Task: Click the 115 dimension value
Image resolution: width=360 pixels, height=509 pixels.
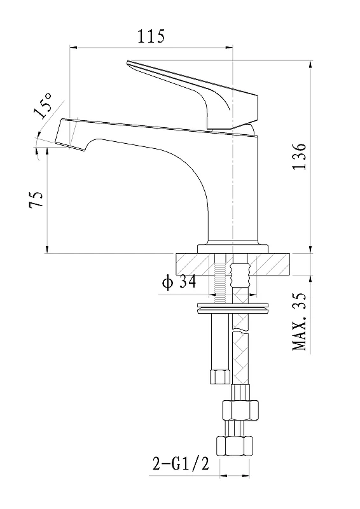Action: tap(151, 36)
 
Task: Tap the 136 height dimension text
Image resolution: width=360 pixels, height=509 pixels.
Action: tap(300, 156)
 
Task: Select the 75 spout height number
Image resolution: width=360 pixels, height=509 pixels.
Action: tap(36, 200)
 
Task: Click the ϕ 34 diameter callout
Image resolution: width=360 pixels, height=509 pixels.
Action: tap(179, 282)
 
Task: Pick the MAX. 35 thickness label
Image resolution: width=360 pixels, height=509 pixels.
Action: tap(300, 322)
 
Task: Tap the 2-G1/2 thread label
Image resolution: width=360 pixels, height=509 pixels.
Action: tap(181, 464)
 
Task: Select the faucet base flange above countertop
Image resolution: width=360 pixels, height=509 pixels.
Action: tap(233, 249)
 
